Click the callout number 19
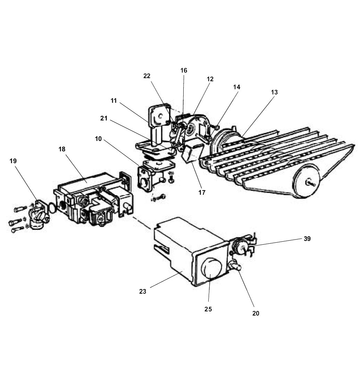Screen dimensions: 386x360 tap(13, 161)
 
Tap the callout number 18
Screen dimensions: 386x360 tap(62, 149)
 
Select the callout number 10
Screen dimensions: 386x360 tap(98, 139)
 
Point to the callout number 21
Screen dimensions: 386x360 tap(104, 118)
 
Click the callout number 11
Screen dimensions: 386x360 tap(114, 101)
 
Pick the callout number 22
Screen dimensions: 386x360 tap(147, 76)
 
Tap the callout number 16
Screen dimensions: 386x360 tap(184, 70)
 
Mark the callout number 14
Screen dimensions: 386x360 tap(236, 87)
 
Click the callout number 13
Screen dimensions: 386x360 tap(274, 92)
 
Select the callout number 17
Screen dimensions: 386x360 tap(202, 192)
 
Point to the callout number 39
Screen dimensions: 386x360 tap(307, 239)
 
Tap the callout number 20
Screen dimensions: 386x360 tap(256, 313)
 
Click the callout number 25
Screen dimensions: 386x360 tap(208, 309)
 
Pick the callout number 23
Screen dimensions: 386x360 tap(143, 292)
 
